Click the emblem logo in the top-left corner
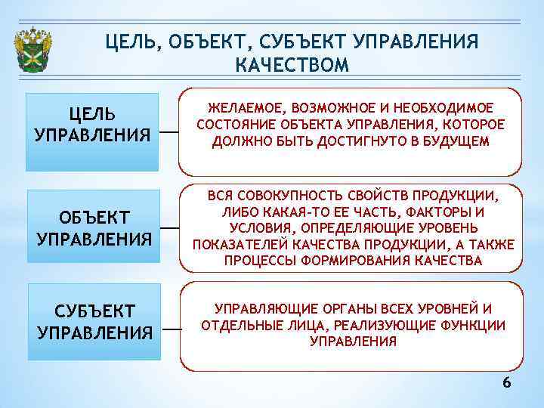[33, 51]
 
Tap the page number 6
[507, 383]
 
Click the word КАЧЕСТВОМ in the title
[292, 65]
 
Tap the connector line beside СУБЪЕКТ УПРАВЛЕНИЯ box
[172, 329]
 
